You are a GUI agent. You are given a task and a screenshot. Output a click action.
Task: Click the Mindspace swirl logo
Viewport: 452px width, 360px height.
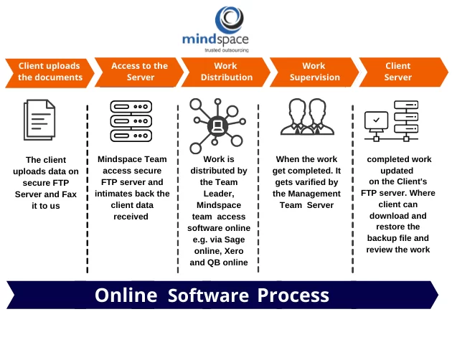(230, 19)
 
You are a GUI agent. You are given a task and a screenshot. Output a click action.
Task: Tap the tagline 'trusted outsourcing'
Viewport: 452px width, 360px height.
(227, 50)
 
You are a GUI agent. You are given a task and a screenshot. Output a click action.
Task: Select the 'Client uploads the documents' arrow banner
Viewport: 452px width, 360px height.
(50, 72)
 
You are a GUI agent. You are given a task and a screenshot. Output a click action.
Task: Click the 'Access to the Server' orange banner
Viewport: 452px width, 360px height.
(139, 72)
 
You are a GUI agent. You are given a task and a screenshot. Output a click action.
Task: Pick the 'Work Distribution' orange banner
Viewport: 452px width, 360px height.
(226, 72)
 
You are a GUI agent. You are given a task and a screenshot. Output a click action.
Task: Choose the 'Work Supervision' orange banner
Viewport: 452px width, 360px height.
(314, 72)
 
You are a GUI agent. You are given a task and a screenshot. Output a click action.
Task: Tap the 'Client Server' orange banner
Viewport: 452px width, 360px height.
(403, 72)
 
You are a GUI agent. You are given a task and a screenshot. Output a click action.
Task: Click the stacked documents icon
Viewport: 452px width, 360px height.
(39, 120)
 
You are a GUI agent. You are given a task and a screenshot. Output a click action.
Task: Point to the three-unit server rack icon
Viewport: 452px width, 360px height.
(131, 121)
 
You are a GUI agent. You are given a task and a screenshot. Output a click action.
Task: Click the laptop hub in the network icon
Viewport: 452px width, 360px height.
(217, 125)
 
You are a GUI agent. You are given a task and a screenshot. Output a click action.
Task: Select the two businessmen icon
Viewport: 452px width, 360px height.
(307, 117)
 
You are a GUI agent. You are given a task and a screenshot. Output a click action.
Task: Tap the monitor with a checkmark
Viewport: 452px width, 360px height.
(376, 121)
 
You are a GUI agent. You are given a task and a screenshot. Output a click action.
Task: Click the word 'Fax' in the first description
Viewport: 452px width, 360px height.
(69, 194)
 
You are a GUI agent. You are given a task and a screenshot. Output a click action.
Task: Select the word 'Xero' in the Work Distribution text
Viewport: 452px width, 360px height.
(234, 251)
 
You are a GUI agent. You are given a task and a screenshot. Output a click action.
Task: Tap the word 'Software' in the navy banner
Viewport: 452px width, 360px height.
(208, 295)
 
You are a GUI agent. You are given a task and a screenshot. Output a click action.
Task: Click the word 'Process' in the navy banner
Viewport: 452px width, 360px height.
(293, 295)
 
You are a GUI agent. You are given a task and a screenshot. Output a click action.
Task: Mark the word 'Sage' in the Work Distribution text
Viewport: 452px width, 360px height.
(235, 240)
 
